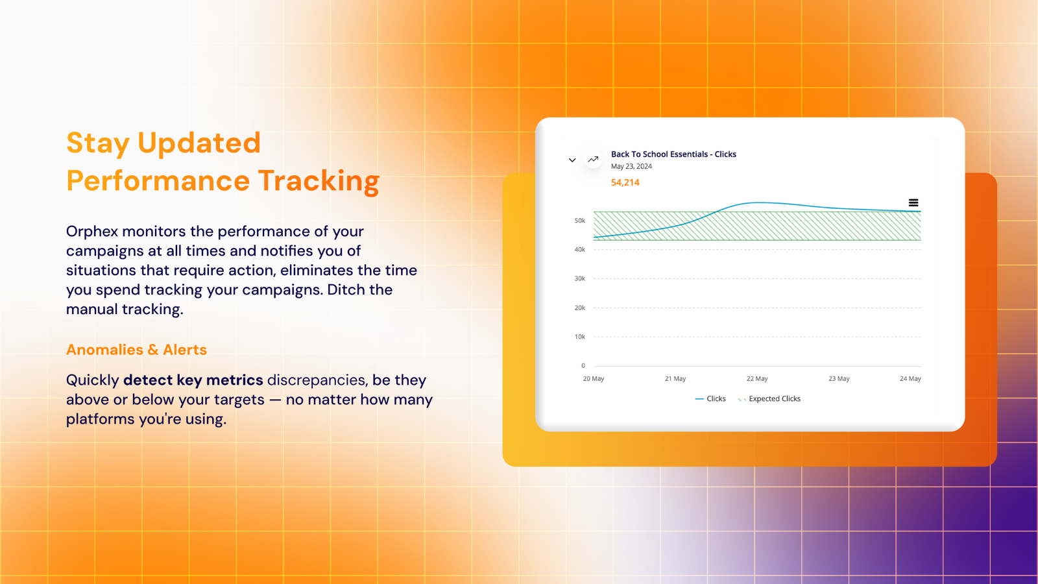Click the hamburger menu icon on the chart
(913, 202)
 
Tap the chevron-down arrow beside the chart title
(572, 160)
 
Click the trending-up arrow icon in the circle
(593, 160)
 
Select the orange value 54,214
(625, 182)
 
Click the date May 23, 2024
(631, 166)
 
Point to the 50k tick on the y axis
(580, 221)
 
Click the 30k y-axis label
(580, 278)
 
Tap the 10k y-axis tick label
(580, 337)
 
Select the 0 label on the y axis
(583, 366)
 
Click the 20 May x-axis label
(593, 379)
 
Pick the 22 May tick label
(756, 379)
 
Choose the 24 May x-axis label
(910, 379)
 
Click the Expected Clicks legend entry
(769, 398)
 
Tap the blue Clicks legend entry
(710, 398)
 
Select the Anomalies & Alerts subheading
(136, 350)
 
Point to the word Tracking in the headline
(319, 180)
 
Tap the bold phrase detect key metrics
(193, 380)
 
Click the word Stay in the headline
(98, 143)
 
